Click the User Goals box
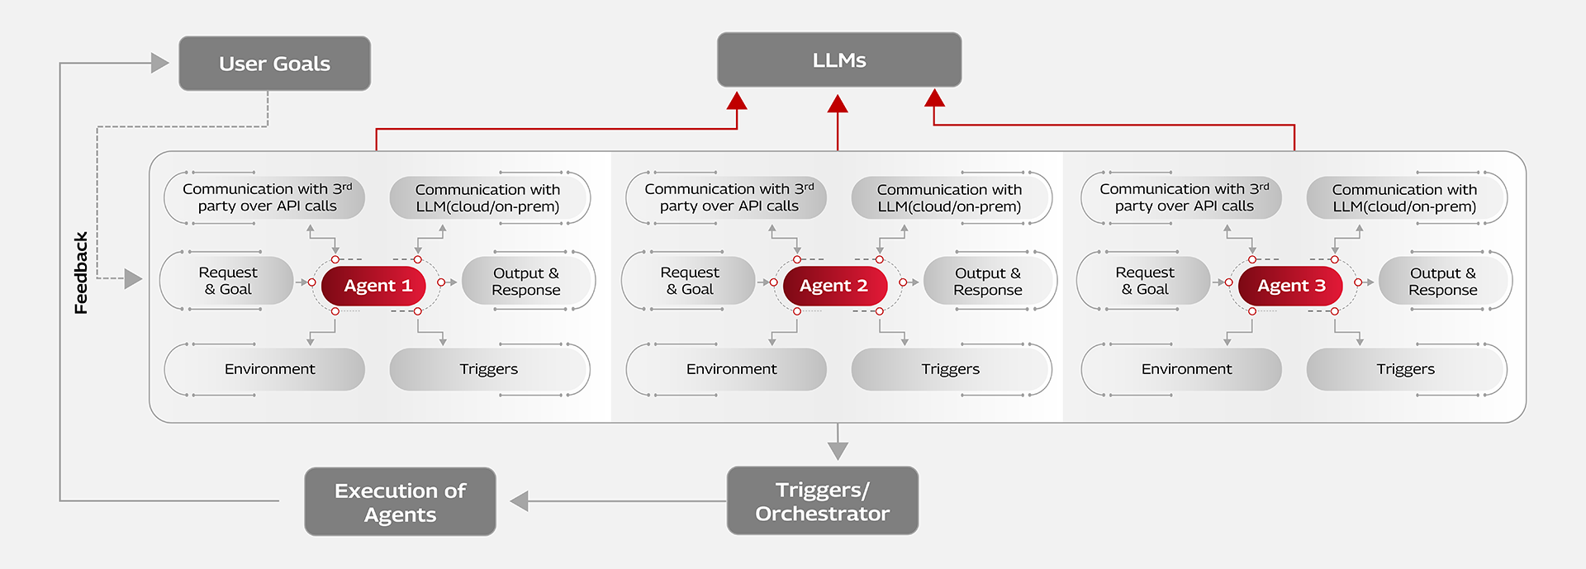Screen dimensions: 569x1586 [x=274, y=64]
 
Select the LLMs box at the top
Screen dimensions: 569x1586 [x=838, y=60]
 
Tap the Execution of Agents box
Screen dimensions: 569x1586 [x=400, y=502]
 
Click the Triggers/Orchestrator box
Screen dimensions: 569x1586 [x=822, y=501]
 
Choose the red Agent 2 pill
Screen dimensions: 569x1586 [x=834, y=286]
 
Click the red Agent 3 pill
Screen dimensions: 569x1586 [x=1290, y=286]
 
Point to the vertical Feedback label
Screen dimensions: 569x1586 [x=81, y=273]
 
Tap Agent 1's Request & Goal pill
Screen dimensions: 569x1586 [x=229, y=281]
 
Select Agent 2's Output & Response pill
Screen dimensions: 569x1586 [x=987, y=282]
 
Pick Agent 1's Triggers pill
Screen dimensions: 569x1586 [x=488, y=369]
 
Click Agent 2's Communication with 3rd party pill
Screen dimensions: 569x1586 [x=728, y=197]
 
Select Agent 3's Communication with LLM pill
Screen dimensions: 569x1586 [x=1403, y=198]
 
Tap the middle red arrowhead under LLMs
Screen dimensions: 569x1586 [x=838, y=104]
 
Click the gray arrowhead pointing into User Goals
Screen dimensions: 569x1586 [x=159, y=64]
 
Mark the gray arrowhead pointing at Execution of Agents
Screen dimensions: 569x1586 [x=519, y=501]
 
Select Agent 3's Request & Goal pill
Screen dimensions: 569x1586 [x=1144, y=281]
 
